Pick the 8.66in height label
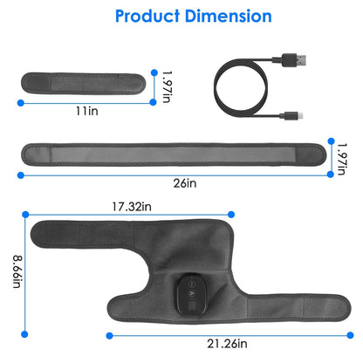[14, 273]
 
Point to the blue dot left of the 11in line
[21, 102]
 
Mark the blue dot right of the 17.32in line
[233, 214]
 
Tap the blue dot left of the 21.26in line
[109, 335]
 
